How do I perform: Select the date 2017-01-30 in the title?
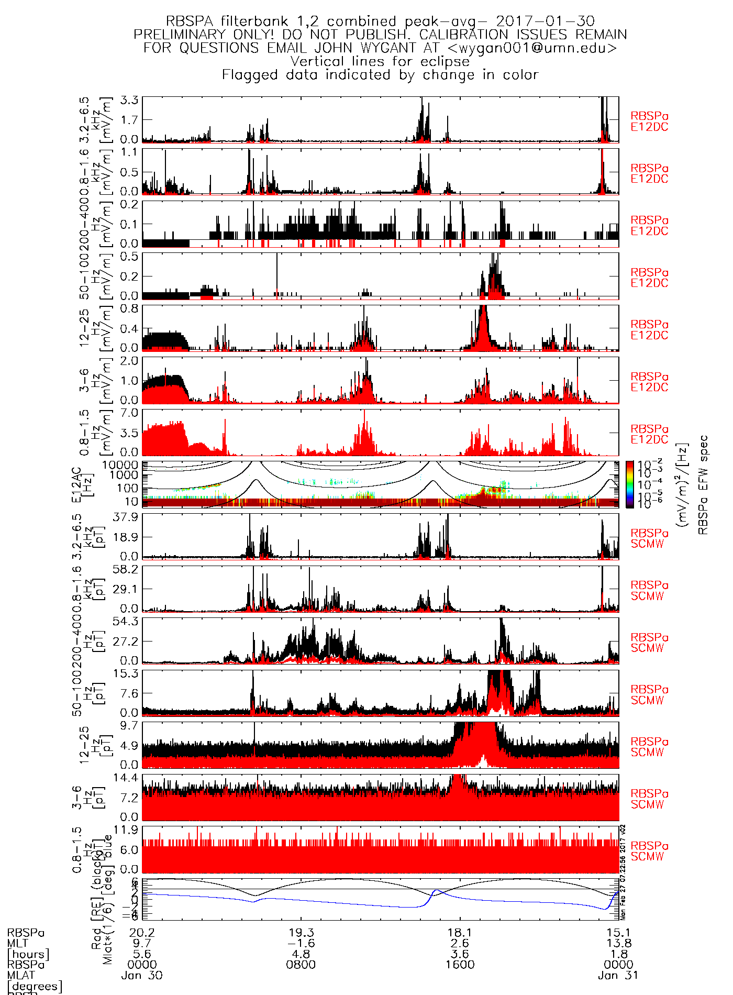[545, 21]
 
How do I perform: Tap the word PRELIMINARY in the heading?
[180, 35]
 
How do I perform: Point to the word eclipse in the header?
[445, 61]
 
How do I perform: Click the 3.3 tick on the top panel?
[129, 100]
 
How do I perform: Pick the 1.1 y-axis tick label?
[129, 152]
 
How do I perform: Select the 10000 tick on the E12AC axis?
[120, 465]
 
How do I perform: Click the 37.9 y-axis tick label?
[126, 517]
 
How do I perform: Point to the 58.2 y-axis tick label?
[126, 569]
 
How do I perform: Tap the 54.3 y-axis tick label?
[126, 622]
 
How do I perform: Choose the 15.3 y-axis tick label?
[126, 673]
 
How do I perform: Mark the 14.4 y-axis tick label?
[126, 778]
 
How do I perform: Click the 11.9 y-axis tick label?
[126, 830]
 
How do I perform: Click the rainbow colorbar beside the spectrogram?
[629, 484]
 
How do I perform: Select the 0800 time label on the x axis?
[301, 965]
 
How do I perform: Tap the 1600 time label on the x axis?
[460, 965]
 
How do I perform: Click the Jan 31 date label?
[618, 976]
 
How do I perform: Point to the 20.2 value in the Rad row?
[142, 933]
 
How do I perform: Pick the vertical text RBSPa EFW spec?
[703, 484]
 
